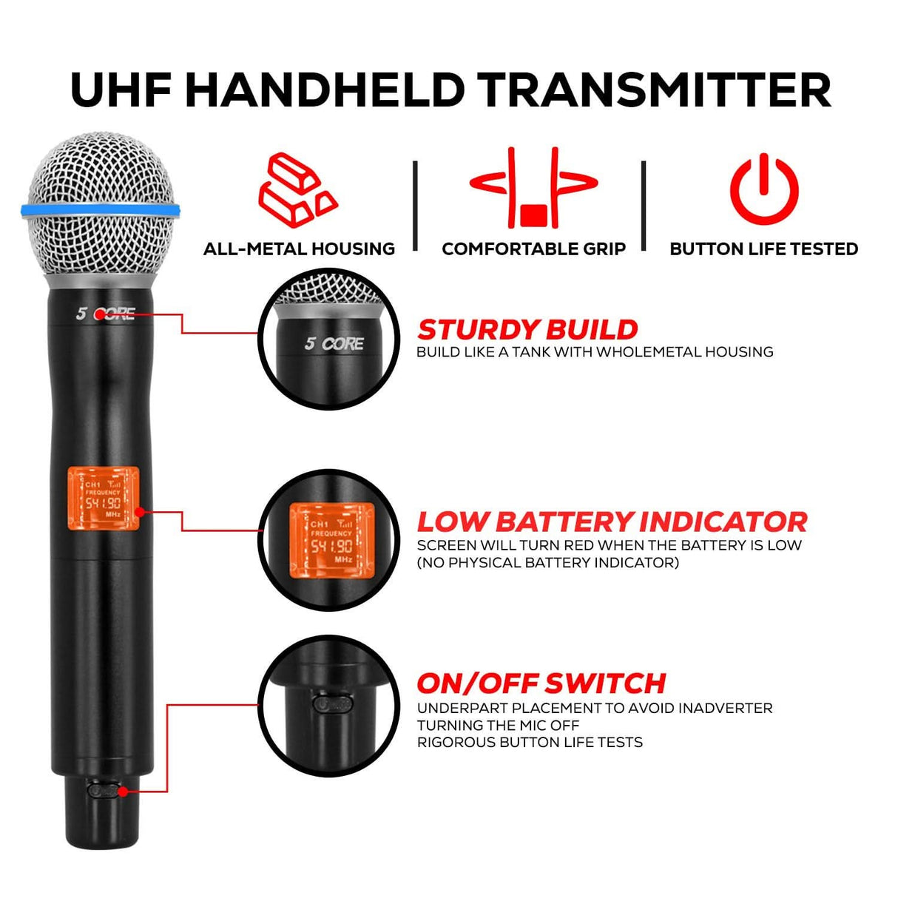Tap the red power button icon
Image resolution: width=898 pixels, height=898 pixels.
click(x=764, y=189)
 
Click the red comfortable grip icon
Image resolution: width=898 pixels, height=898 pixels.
click(x=533, y=188)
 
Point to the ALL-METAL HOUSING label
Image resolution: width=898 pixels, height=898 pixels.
click(x=299, y=249)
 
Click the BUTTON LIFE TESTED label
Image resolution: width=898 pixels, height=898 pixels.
click(x=763, y=249)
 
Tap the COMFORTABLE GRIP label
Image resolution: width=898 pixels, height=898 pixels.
click(x=533, y=249)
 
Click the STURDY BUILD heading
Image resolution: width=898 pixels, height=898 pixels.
click(x=527, y=330)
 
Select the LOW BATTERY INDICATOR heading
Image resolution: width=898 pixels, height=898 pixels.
click(x=612, y=521)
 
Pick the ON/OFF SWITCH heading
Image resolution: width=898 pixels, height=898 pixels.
click(x=541, y=683)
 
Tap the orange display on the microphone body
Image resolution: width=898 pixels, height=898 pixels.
click(x=104, y=499)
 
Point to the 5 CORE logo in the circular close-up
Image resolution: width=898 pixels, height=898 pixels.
click(x=334, y=344)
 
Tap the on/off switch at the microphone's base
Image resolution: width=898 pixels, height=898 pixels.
click(x=103, y=790)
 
